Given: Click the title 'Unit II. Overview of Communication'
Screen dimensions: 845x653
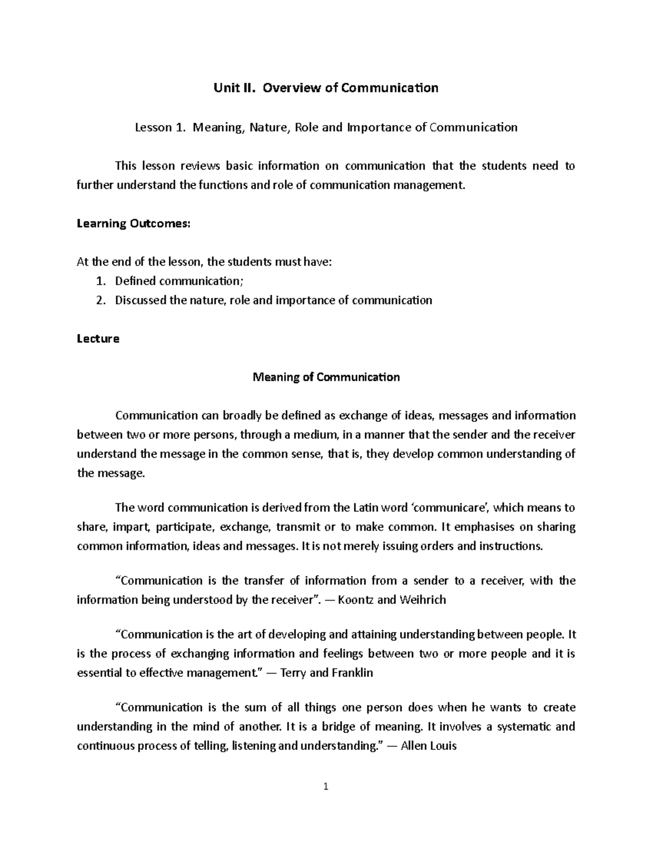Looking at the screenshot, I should click(x=326, y=88).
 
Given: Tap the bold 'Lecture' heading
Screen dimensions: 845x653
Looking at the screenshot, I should click(x=98, y=338).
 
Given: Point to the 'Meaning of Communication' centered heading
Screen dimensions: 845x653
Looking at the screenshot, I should click(x=326, y=377).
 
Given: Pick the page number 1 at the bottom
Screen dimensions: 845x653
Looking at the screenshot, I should click(x=326, y=787).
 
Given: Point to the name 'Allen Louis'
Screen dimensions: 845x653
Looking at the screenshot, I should click(x=428, y=745).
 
